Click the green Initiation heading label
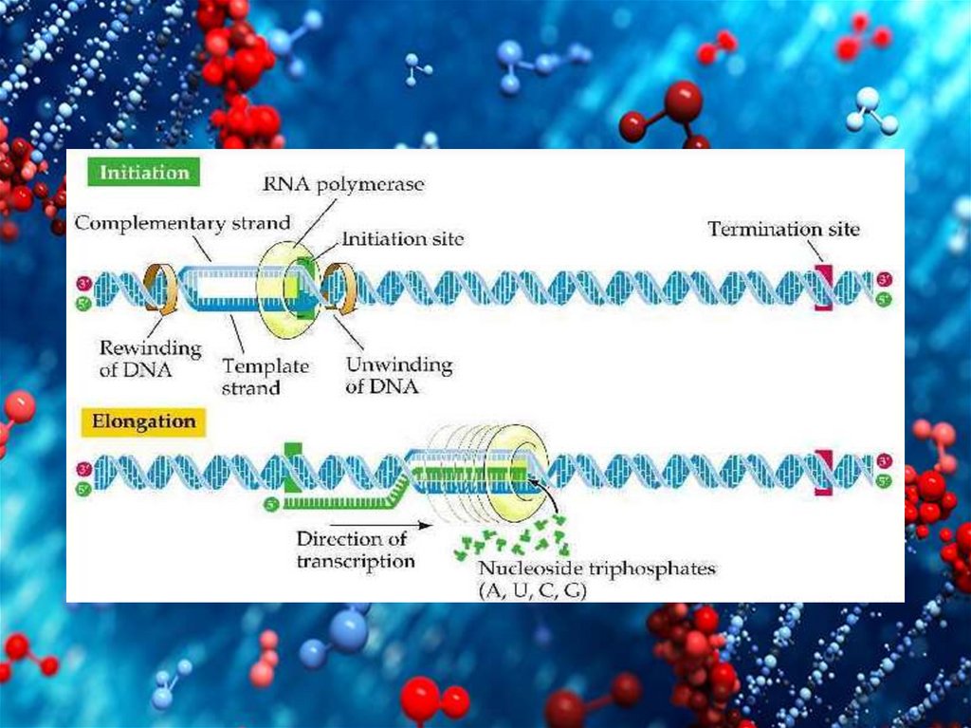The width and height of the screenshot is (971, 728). coord(144,173)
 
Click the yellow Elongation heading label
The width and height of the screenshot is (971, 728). coord(143,421)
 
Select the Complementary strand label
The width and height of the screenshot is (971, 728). coord(183,224)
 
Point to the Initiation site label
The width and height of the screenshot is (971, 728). coord(402,238)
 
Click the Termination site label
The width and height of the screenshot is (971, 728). coord(783,229)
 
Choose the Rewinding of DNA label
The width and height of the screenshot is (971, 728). coord(151,359)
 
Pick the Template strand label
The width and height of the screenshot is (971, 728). coord(251,375)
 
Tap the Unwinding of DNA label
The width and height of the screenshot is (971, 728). coord(398,376)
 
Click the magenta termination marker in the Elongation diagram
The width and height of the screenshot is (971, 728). coord(821,472)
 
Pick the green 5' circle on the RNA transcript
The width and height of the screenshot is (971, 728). coord(270,496)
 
